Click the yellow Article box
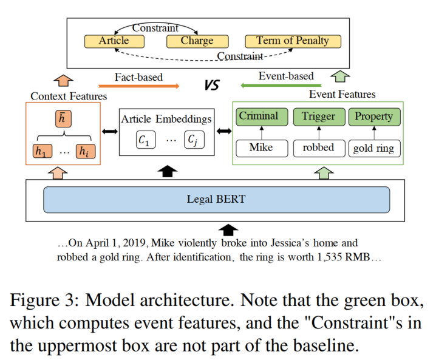coord(114,41)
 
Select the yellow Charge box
coord(197,41)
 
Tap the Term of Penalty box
coord(293,41)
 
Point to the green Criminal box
coord(258,117)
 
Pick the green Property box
coord(373,117)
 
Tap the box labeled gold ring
coord(373,148)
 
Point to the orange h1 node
coord(41,152)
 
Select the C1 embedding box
coord(146,141)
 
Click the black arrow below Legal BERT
coord(228,229)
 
